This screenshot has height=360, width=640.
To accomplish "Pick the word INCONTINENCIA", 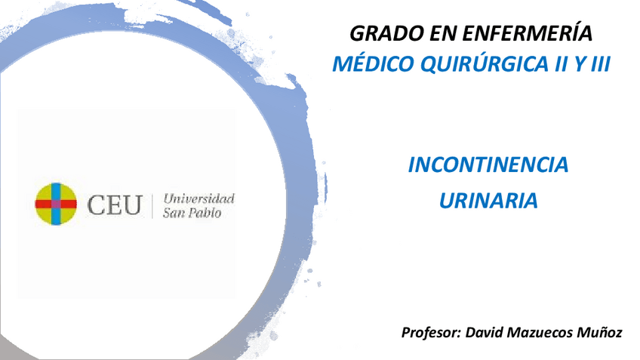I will (x=488, y=165).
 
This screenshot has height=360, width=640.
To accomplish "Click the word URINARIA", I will (x=488, y=201).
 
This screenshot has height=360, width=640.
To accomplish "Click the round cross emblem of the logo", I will (x=56, y=204).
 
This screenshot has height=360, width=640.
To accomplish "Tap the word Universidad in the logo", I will (x=198, y=198).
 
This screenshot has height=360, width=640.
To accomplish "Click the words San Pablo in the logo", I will (x=192, y=214).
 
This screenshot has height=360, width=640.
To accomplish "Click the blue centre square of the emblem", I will (x=56, y=204).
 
